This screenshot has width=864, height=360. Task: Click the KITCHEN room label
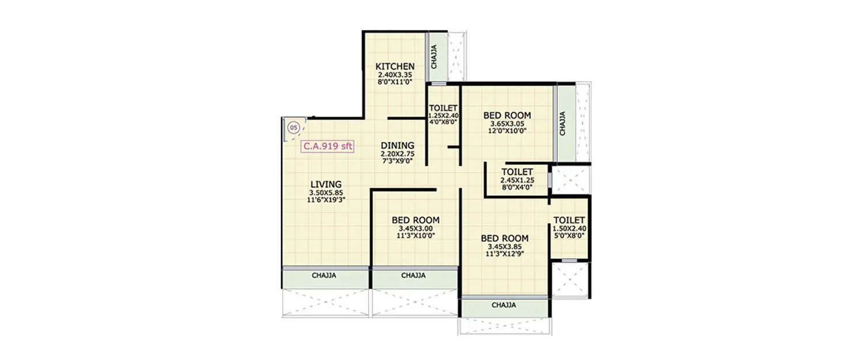click(395, 66)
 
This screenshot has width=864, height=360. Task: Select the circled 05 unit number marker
click(293, 127)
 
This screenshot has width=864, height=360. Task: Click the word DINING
click(397, 145)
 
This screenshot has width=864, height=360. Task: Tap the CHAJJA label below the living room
click(324, 275)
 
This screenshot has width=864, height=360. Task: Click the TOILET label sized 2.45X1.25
click(517, 172)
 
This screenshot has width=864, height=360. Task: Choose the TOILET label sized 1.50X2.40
click(569, 220)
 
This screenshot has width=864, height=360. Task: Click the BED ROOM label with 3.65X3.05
click(507, 115)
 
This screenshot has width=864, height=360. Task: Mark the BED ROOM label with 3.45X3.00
click(415, 219)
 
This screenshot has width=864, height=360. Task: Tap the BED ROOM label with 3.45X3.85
click(505, 238)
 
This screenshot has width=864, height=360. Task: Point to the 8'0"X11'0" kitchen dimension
click(395, 82)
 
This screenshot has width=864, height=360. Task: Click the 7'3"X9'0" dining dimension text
click(397, 161)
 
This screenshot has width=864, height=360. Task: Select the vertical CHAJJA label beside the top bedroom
click(563, 123)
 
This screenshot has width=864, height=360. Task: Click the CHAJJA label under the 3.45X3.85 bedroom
click(503, 305)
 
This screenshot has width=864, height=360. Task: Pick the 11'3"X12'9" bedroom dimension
click(505, 253)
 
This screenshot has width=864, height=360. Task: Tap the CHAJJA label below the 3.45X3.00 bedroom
click(413, 275)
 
